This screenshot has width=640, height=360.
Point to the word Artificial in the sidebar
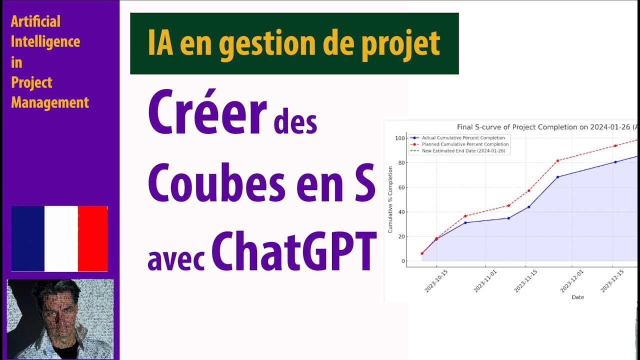pos(35,21)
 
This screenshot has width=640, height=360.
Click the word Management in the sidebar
pos(50,102)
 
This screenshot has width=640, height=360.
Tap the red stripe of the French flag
pos(92,238)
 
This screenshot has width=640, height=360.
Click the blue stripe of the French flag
pos(28,238)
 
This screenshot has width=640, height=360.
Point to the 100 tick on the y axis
pos(399,138)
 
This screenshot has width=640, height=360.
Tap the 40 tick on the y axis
pos(401,212)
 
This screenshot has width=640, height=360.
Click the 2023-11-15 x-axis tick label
pos(526,281)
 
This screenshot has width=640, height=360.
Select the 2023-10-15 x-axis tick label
pos(436,281)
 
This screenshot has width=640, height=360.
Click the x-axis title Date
pos(577,297)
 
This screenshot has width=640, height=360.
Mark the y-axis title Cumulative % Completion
pos(390,199)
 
